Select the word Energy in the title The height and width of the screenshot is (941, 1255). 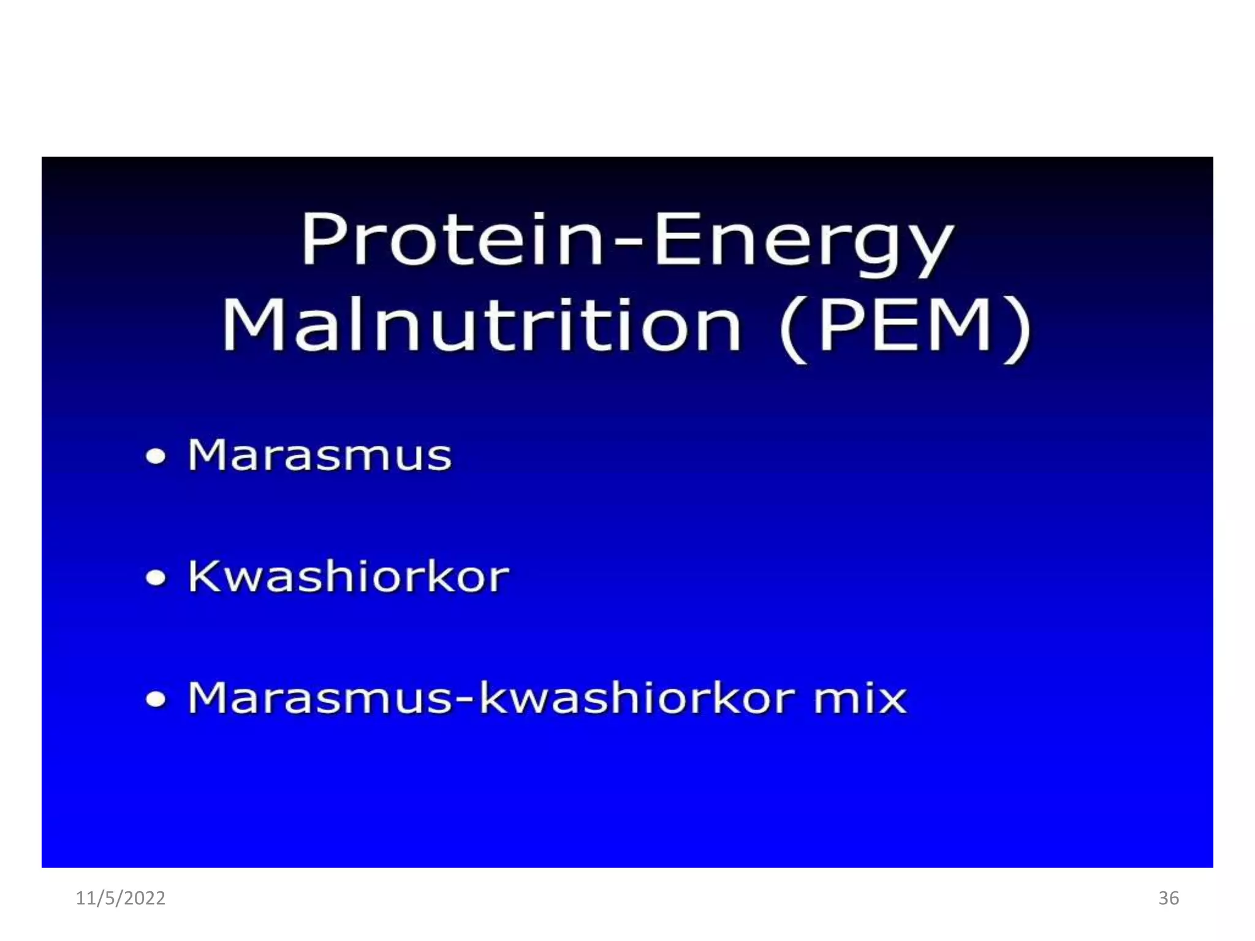pyautogui.click(x=803, y=242)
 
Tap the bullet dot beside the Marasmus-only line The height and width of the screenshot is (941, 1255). pyautogui.click(x=156, y=456)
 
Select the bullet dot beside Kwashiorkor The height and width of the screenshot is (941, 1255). pyautogui.click(x=156, y=578)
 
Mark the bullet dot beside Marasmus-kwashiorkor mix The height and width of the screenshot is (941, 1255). pyautogui.click(x=156, y=699)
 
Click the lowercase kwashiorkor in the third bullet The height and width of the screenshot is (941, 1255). pyautogui.click(x=637, y=698)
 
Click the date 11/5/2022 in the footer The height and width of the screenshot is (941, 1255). pyautogui.click(x=121, y=898)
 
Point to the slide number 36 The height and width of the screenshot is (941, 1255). pyautogui.click(x=1169, y=898)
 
